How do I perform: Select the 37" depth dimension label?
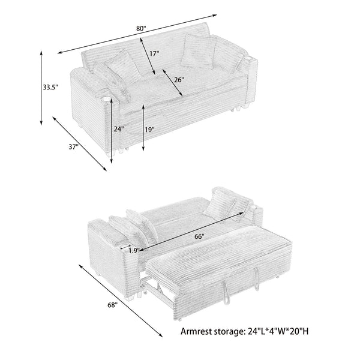pos(73,148)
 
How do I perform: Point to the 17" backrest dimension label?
pos(154,53)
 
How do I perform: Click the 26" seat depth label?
pos(179,79)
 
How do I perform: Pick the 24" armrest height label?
pos(118,128)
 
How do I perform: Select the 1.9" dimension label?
pos(133,251)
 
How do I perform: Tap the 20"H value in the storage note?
pos(304,331)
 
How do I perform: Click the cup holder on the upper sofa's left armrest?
pos(107,99)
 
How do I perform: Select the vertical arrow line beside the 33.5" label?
pos(41,88)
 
